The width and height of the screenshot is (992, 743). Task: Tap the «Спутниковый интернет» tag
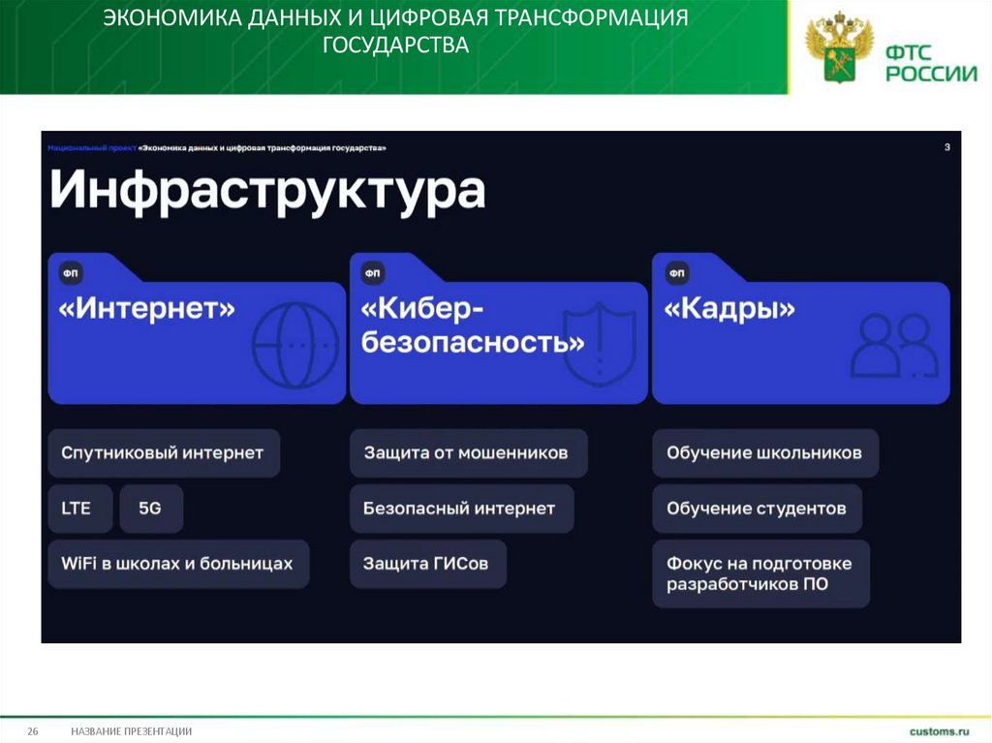pyautogui.click(x=163, y=453)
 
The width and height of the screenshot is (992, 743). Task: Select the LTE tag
pyautogui.click(x=77, y=508)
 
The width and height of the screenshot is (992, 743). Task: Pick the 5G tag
pyautogui.click(x=150, y=508)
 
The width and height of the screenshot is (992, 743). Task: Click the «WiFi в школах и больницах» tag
pyautogui.click(x=177, y=563)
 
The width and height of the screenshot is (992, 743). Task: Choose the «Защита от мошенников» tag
pyautogui.click(x=466, y=453)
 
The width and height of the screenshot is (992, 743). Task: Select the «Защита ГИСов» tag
pyautogui.click(x=426, y=563)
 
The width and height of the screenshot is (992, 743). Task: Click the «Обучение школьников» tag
pyautogui.click(x=763, y=453)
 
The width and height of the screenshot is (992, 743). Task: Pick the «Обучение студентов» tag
pyautogui.click(x=756, y=508)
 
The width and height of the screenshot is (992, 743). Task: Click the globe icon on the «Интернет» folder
pyautogui.click(x=295, y=344)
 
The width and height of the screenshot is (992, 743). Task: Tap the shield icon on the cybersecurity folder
pyautogui.click(x=601, y=344)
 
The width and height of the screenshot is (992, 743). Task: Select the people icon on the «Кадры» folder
pyautogui.click(x=895, y=345)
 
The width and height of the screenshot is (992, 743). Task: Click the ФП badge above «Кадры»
pyautogui.click(x=676, y=274)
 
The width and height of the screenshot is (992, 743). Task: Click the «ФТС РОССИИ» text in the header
pyautogui.click(x=930, y=59)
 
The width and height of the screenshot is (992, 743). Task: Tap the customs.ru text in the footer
pyautogui.click(x=939, y=731)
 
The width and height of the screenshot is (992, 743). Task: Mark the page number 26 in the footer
pyautogui.click(x=32, y=731)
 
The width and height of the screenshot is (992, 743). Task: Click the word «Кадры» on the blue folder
pyautogui.click(x=730, y=310)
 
